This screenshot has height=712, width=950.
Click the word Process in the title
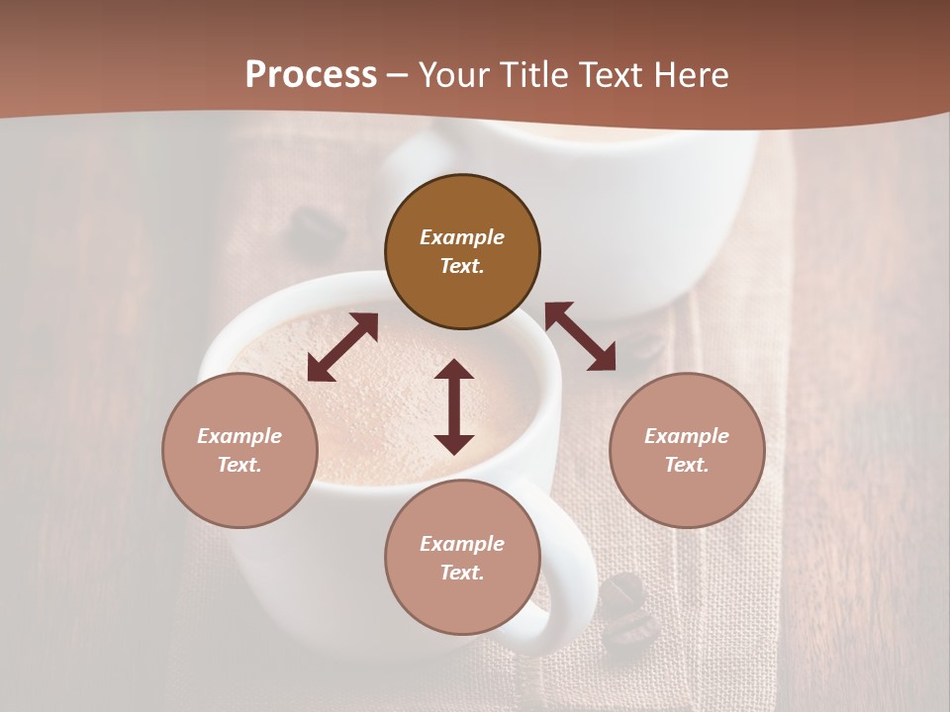(x=311, y=75)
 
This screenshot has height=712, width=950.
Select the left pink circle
(x=239, y=450)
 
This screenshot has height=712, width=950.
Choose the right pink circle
(x=687, y=450)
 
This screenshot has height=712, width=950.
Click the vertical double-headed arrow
(x=454, y=406)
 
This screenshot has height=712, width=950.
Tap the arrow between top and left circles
(x=342, y=347)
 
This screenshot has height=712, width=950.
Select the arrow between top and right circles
(x=580, y=336)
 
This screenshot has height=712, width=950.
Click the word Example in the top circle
(x=462, y=237)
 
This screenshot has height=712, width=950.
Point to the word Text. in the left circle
(x=239, y=465)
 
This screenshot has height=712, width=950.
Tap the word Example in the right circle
(x=687, y=436)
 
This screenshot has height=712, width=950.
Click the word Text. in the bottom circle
(x=462, y=573)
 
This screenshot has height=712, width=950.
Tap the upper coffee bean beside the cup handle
(x=621, y=590)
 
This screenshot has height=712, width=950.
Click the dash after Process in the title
(x=398, y=75)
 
